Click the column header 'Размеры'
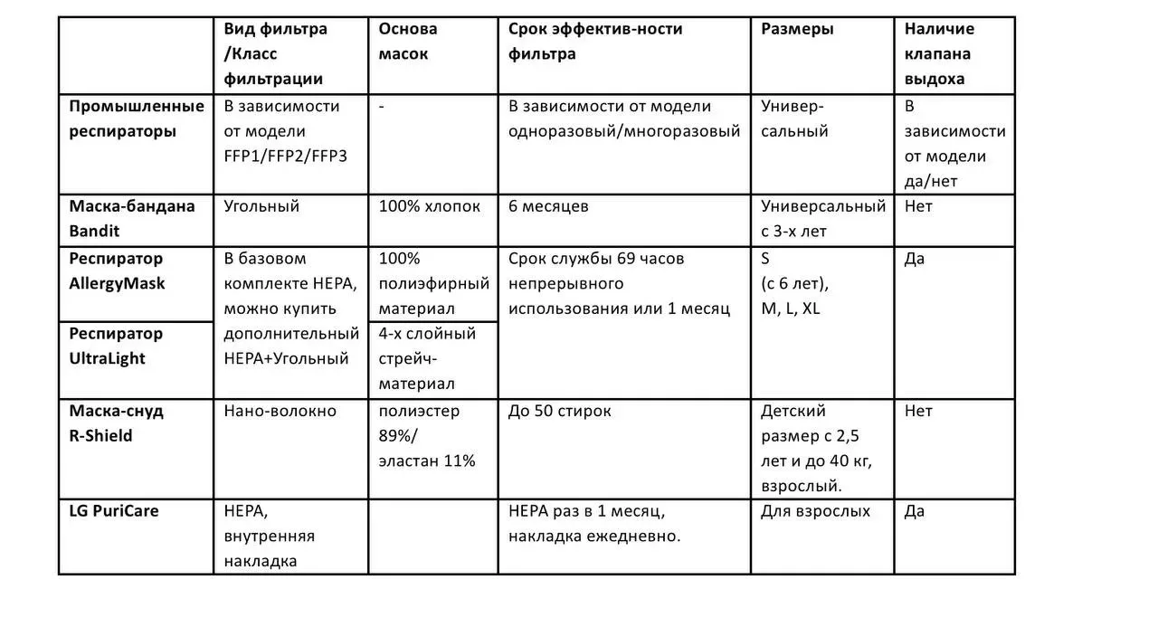797,29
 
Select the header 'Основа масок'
408,42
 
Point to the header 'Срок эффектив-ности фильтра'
595,42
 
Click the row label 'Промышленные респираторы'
137,119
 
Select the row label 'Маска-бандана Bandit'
132,218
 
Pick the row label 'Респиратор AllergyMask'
118,271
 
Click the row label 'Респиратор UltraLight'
117,346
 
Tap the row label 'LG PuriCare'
114,511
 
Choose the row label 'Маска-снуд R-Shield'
117,423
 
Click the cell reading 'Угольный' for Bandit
261,206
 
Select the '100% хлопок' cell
430,206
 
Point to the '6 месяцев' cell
548,206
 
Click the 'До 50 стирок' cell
559,411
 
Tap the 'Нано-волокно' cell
280,411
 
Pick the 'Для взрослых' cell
815,511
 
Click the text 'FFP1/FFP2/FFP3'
285,156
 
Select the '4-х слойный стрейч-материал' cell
427,358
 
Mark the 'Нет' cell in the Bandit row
918,206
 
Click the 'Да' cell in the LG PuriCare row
915,511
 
